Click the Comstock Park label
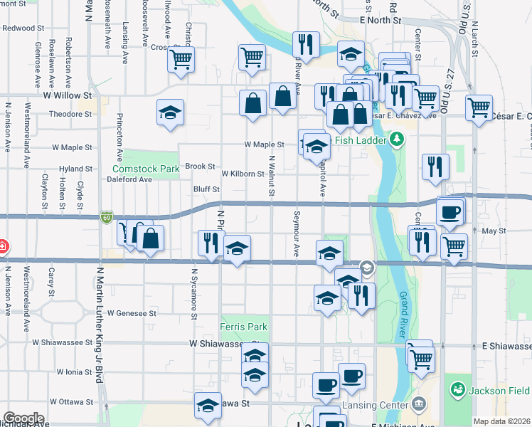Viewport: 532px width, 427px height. [x=145, y=169]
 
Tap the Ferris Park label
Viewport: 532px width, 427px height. [x=244, y=327]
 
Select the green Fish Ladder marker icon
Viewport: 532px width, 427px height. [x=398, y=140]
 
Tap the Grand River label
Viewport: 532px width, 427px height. [x=408, y=305]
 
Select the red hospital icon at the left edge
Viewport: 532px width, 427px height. [x=2, y=248]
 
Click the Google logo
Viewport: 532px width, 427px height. [x=23, y=418]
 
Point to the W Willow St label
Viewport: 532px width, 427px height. [x=68, y=94]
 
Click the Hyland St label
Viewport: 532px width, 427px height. [x=76, y=169]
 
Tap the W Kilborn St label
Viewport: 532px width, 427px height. [x=243, y=174]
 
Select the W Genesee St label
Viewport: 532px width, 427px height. [x=131, y=312]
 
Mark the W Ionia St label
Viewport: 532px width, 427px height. [x=70, y=371]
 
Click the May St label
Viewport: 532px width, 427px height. [x=493, y=231]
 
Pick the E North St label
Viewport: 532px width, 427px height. [x=381, y=21]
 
